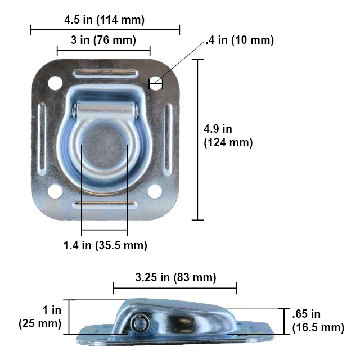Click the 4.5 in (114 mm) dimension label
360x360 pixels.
[105, 20]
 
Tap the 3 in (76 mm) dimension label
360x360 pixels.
[104, 41]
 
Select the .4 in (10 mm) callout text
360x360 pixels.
[240, 40]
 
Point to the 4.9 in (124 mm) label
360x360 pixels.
[228, 136]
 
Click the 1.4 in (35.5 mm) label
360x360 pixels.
[105, 245]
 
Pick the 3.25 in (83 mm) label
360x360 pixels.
[175, 277]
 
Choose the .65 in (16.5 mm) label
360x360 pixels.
[318, 321]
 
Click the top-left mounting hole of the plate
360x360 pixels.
[55, 83]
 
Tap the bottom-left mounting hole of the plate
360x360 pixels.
[55, 191]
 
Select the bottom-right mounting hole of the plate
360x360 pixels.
[155, 191]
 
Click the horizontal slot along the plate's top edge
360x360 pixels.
[105, 73]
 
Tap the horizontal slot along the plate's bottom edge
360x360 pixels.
[105, 204]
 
